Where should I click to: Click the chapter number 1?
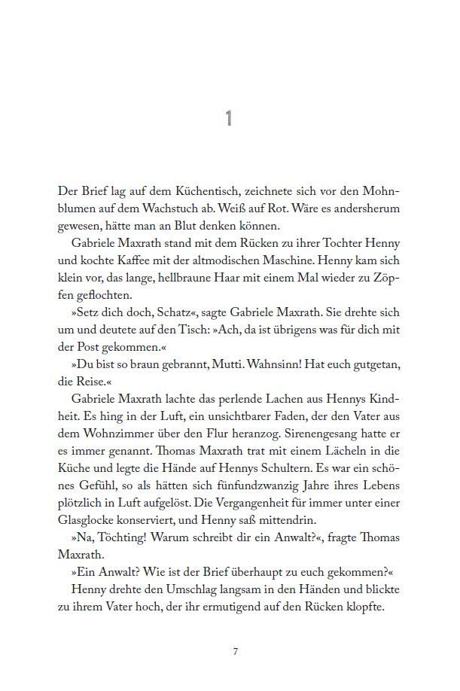pos(230,118)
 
